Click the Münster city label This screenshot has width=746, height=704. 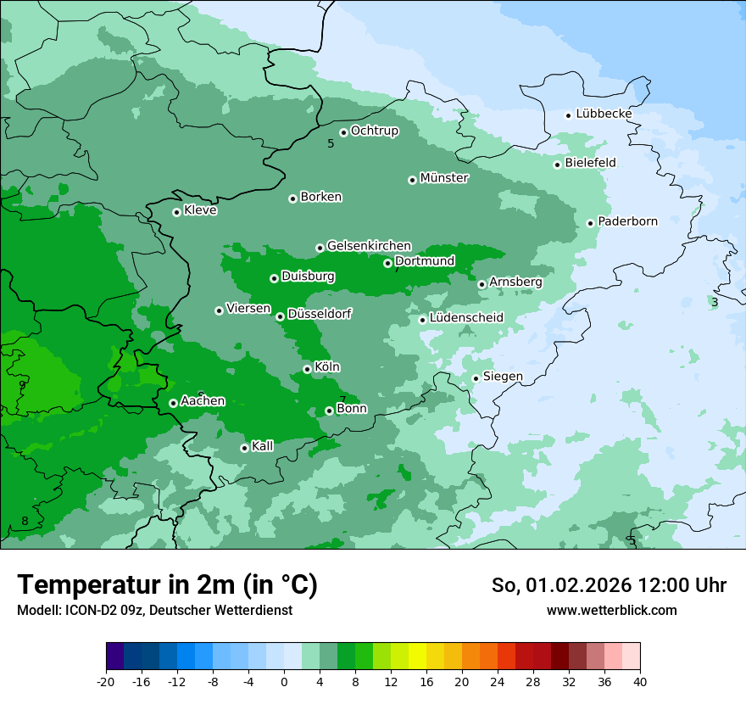444,178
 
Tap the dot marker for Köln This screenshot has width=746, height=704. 307,369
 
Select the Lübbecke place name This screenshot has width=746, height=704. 604,114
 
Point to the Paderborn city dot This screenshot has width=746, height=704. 591,223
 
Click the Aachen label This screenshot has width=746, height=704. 203,401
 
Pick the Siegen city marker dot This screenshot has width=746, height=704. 476,378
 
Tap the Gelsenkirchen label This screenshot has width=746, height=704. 369,246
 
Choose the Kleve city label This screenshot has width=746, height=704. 200,210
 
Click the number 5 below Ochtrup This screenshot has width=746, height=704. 331,143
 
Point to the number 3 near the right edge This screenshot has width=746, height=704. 715,303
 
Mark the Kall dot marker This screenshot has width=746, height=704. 244,448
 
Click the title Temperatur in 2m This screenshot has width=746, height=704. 167,584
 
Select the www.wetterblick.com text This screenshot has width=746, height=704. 611,610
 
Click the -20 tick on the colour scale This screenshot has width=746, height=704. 106,681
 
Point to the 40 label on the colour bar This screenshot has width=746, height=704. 640,681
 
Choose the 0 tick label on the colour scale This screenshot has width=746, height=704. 284,681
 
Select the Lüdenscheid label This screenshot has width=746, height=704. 466,318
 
